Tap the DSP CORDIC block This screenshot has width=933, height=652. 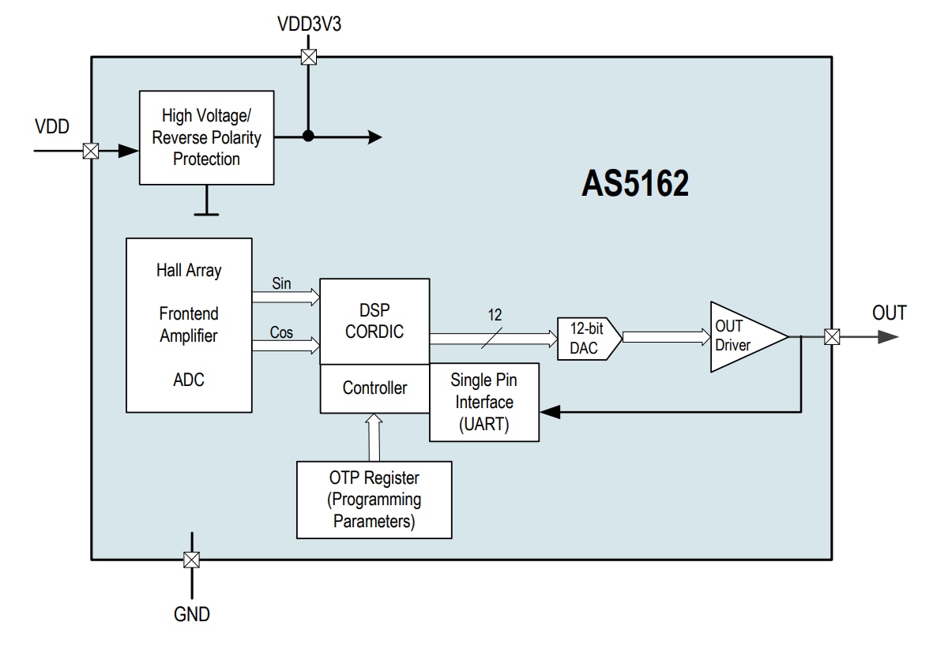point(374,321)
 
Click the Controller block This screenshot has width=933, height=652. point(374,388)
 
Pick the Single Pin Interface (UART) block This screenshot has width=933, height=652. point(483,402)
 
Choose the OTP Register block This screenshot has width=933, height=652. point(374,500)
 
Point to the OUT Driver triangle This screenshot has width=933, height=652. point(743,336)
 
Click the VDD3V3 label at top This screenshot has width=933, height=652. point(309,24)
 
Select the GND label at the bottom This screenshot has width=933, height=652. point(192,614)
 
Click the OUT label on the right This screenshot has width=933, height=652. point(889,313)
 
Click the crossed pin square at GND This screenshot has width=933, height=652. point(190,560)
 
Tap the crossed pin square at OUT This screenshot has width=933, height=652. point(831,337)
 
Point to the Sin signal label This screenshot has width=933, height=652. point(281,283)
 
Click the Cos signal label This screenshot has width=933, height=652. point(281,332)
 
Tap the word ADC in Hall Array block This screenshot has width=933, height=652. point(189,380)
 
